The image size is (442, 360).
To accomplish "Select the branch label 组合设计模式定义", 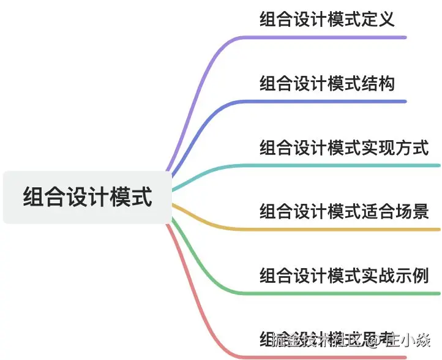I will click(327, 19).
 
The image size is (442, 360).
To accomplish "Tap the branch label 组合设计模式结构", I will click(327, 83).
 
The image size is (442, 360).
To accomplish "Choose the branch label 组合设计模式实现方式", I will click(343, 148).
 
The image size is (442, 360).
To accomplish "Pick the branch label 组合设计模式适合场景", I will click(343, 211).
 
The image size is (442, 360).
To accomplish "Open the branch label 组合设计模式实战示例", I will click(343, 276).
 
